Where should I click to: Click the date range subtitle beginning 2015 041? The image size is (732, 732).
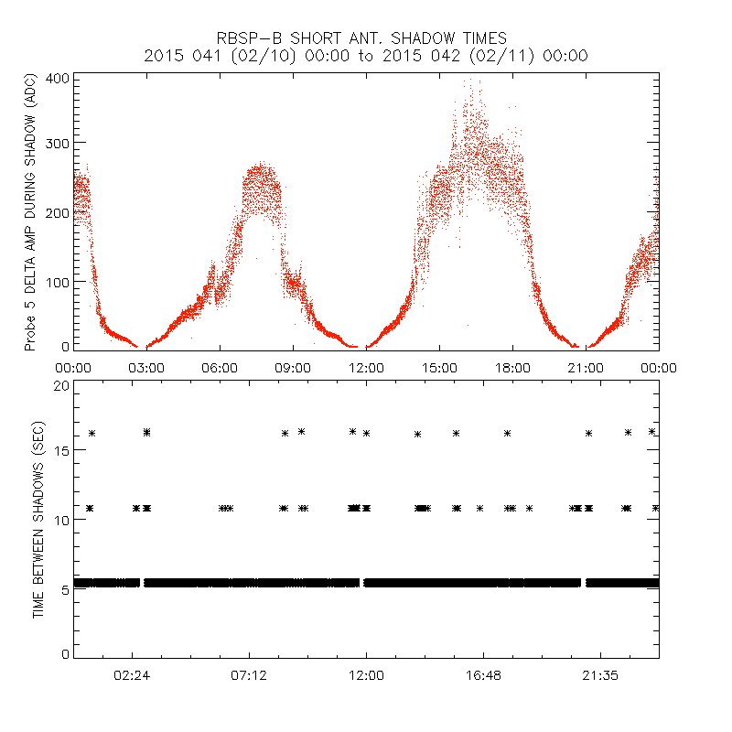tap(366, 56)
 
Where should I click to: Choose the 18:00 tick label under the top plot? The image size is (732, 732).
tap(512, 367)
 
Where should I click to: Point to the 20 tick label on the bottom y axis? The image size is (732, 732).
tap(61, 386)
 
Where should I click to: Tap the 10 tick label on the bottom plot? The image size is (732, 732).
tap(61, 520)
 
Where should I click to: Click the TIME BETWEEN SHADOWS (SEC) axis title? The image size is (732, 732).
tap(38, 519)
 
